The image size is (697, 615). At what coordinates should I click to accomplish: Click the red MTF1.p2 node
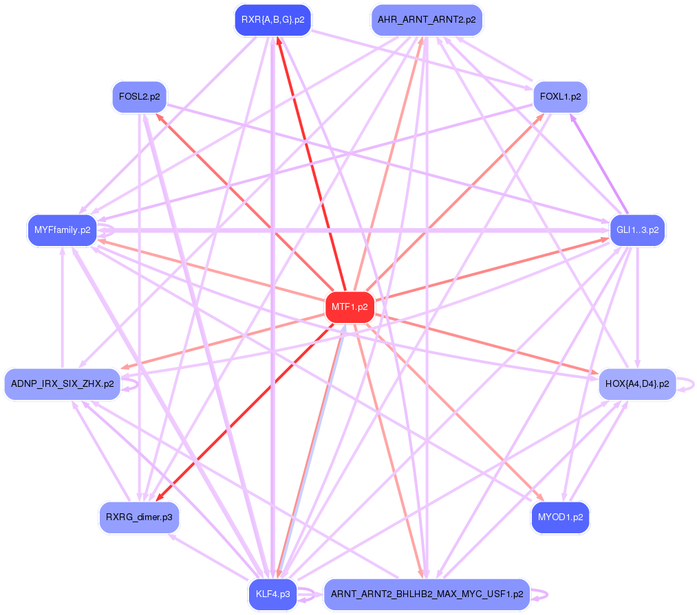tap(350, 307)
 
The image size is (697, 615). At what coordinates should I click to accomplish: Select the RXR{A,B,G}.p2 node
tap(273, 20)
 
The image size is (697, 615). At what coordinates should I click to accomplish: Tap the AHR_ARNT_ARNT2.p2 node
tap(427, 20)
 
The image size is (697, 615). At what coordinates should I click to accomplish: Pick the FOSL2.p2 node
tap(139, 97)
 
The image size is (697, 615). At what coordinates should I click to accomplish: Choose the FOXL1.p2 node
tap(560, 97)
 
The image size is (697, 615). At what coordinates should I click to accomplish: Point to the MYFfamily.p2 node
tap(62, 230)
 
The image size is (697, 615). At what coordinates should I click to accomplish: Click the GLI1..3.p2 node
tap(637, 230)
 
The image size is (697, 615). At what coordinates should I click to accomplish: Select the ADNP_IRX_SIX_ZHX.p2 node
tap(63, 384)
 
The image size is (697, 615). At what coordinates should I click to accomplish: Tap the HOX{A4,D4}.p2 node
tap(637, 384)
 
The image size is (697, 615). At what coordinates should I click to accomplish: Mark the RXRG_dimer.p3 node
tap(139, 517)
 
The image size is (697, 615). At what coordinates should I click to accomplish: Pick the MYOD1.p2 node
tap(560, 517)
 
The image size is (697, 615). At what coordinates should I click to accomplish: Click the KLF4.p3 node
tap(273, 594)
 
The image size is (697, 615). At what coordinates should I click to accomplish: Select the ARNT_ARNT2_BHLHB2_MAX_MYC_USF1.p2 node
tap(427, 594)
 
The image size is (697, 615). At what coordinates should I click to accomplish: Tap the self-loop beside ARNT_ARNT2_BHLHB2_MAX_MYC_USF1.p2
tap(544, 594)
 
